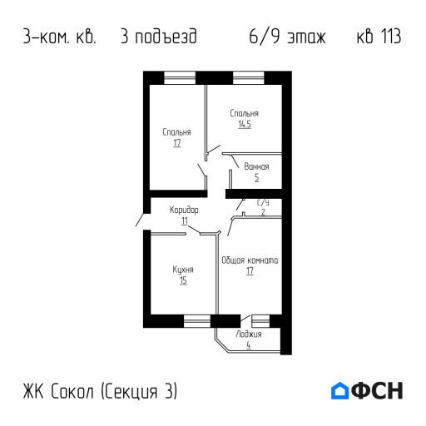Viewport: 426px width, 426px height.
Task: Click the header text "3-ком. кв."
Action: coord(60,37)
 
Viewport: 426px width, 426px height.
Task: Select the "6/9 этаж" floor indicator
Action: coord(287,37)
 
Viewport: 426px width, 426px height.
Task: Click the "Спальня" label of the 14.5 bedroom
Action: coord(244,113)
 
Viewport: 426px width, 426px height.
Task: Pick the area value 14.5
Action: coord(244,124)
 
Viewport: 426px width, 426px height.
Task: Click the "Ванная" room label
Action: coord(256,166)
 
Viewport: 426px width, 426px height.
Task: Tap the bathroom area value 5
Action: coord(256,177)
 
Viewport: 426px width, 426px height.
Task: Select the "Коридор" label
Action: coord(184,210)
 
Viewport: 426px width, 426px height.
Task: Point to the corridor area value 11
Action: coord(184,220)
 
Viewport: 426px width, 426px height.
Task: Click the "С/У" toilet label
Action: coord(263,202)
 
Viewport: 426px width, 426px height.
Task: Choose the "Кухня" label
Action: coord(183,270)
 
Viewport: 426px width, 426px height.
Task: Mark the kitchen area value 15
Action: coord(183,281)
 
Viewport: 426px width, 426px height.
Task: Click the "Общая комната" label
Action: coord(250,260)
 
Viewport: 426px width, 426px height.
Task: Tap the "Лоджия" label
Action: coord(248,334)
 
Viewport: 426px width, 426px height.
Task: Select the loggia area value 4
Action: coord(248,344)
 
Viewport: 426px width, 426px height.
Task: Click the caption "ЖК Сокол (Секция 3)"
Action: coord(101,391)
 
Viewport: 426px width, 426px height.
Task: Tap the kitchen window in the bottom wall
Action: coord(197,319)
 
